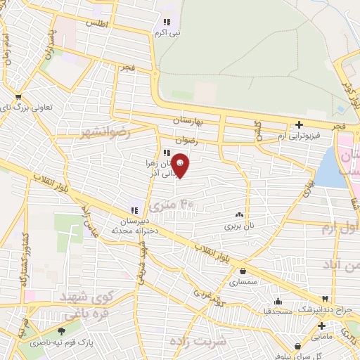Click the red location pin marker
(181, 166)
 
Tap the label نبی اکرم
(167, 32)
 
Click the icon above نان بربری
(240, 216)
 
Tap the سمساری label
(243, 282)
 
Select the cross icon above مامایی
(321, 326)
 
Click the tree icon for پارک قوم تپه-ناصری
(61, 331)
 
